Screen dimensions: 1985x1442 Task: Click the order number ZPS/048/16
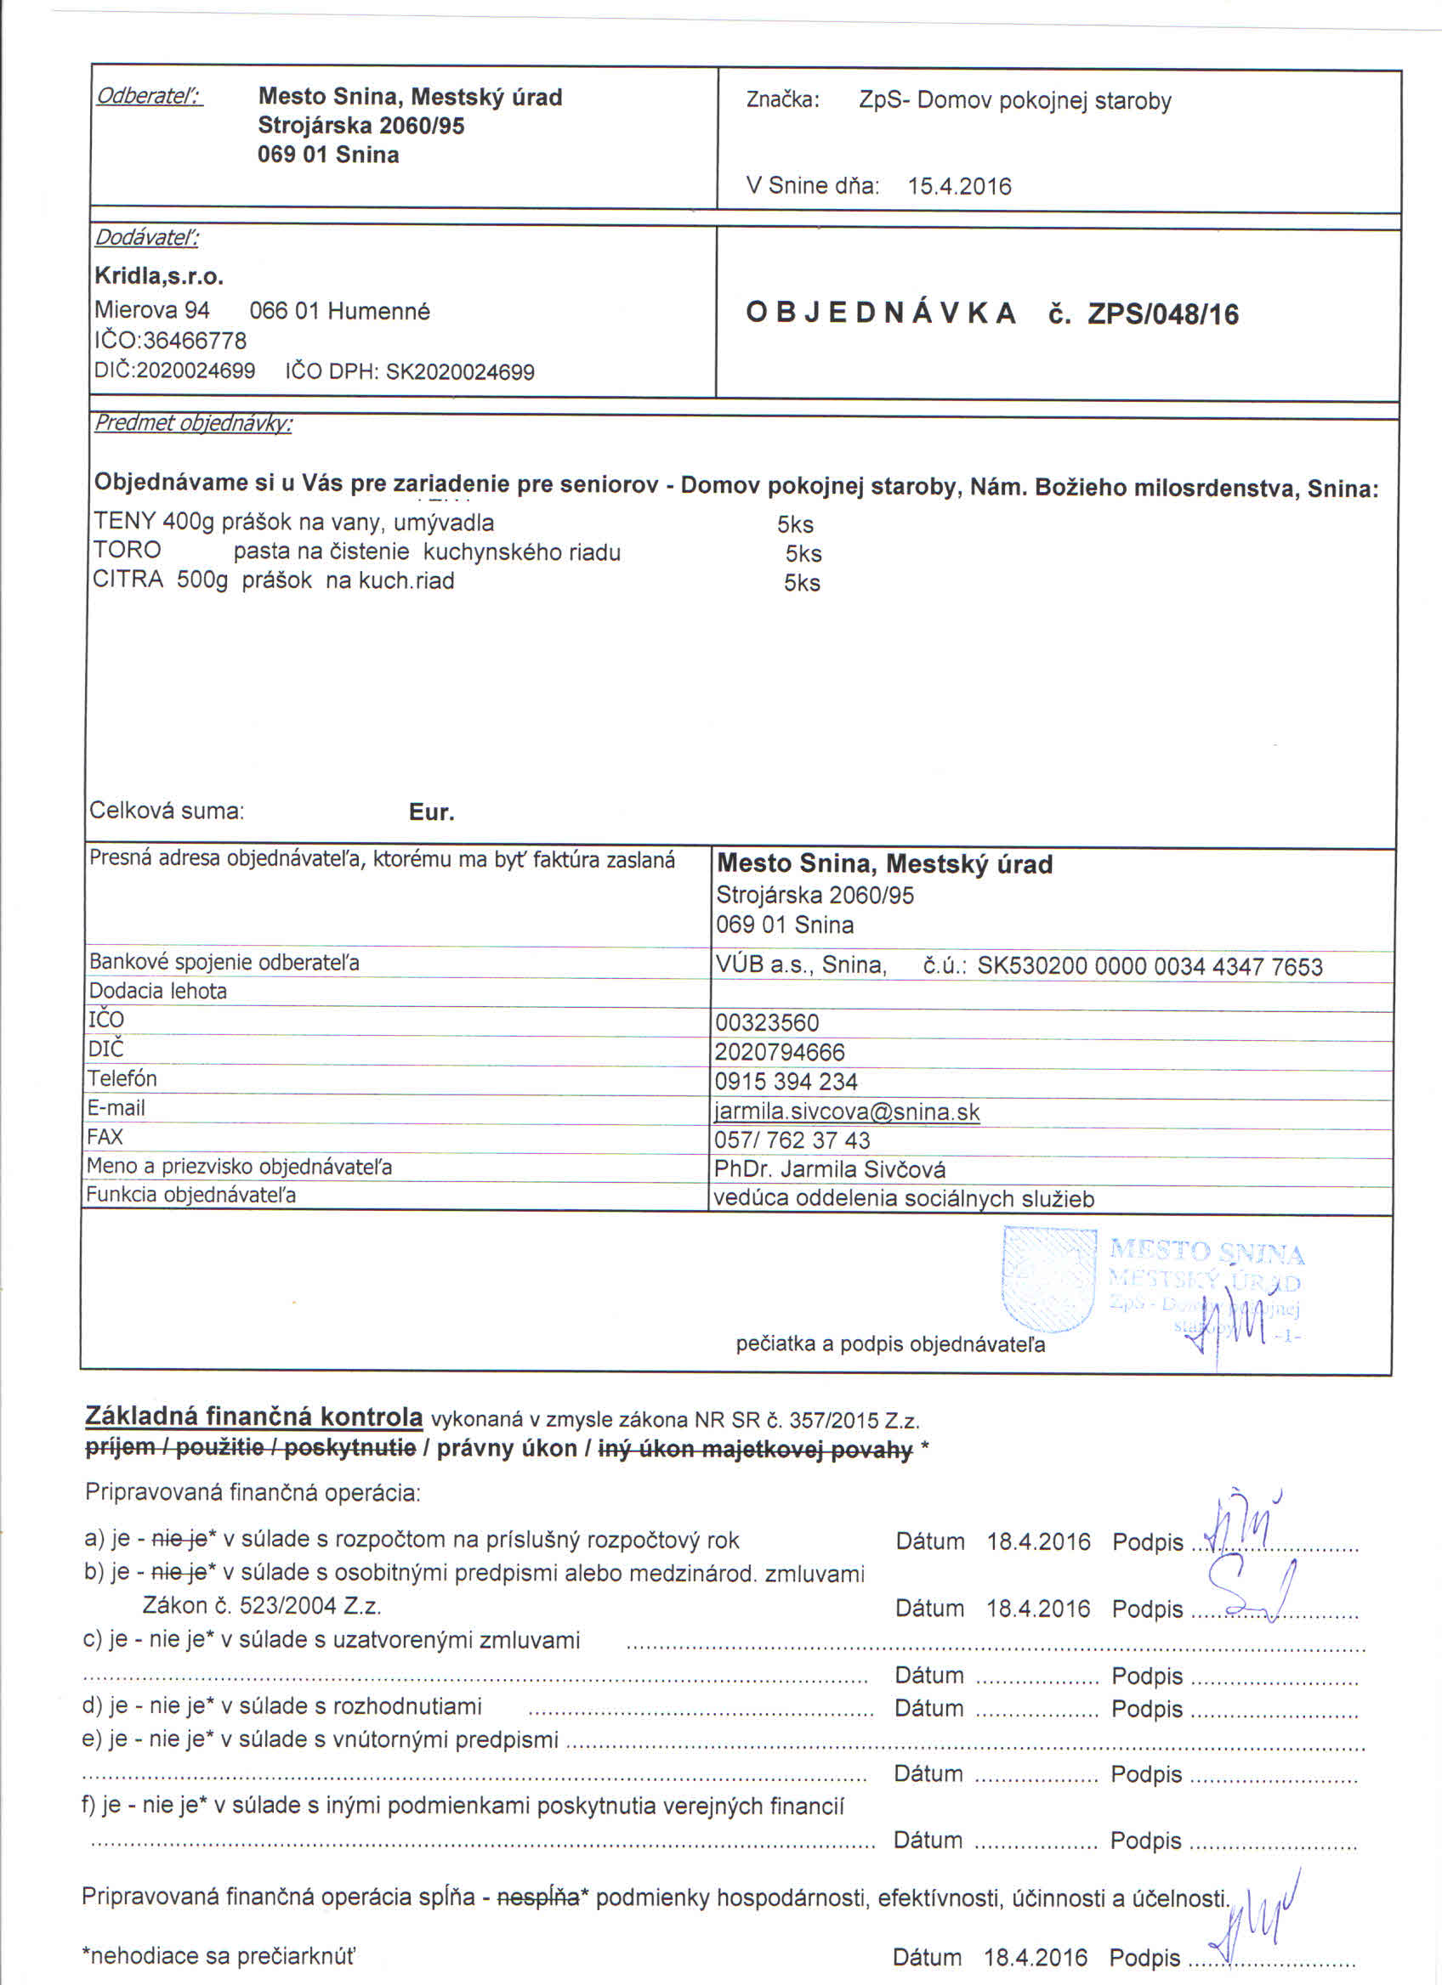tap(1163, 314)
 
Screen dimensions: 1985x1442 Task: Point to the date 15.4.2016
tap(959, 186)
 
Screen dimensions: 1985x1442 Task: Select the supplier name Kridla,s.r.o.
tap(158, 278)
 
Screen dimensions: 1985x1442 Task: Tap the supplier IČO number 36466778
tap(195, 341)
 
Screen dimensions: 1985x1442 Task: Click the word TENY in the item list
tap(124, 523)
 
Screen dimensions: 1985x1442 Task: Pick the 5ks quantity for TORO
tap(803, 553)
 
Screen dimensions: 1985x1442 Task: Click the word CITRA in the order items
tap(128, 580)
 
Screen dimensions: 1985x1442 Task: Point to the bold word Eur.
tap(432, 812)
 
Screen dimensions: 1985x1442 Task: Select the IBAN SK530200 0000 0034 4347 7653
tap(1150, 966)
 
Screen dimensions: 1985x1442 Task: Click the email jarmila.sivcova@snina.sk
tap(847, 1111)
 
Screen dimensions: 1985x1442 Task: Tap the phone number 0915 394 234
tap(786, 1082)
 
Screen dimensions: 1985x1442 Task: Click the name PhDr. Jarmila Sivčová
tap(829, 1169)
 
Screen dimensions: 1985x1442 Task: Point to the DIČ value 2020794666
tap(779, 1052)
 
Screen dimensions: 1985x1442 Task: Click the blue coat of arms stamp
tap(1049, 1278)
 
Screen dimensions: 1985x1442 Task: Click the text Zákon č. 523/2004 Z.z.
tap(261, 1606)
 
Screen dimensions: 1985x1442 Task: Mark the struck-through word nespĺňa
tap(537, 1897)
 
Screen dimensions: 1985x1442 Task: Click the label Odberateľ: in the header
tap(149, 95)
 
